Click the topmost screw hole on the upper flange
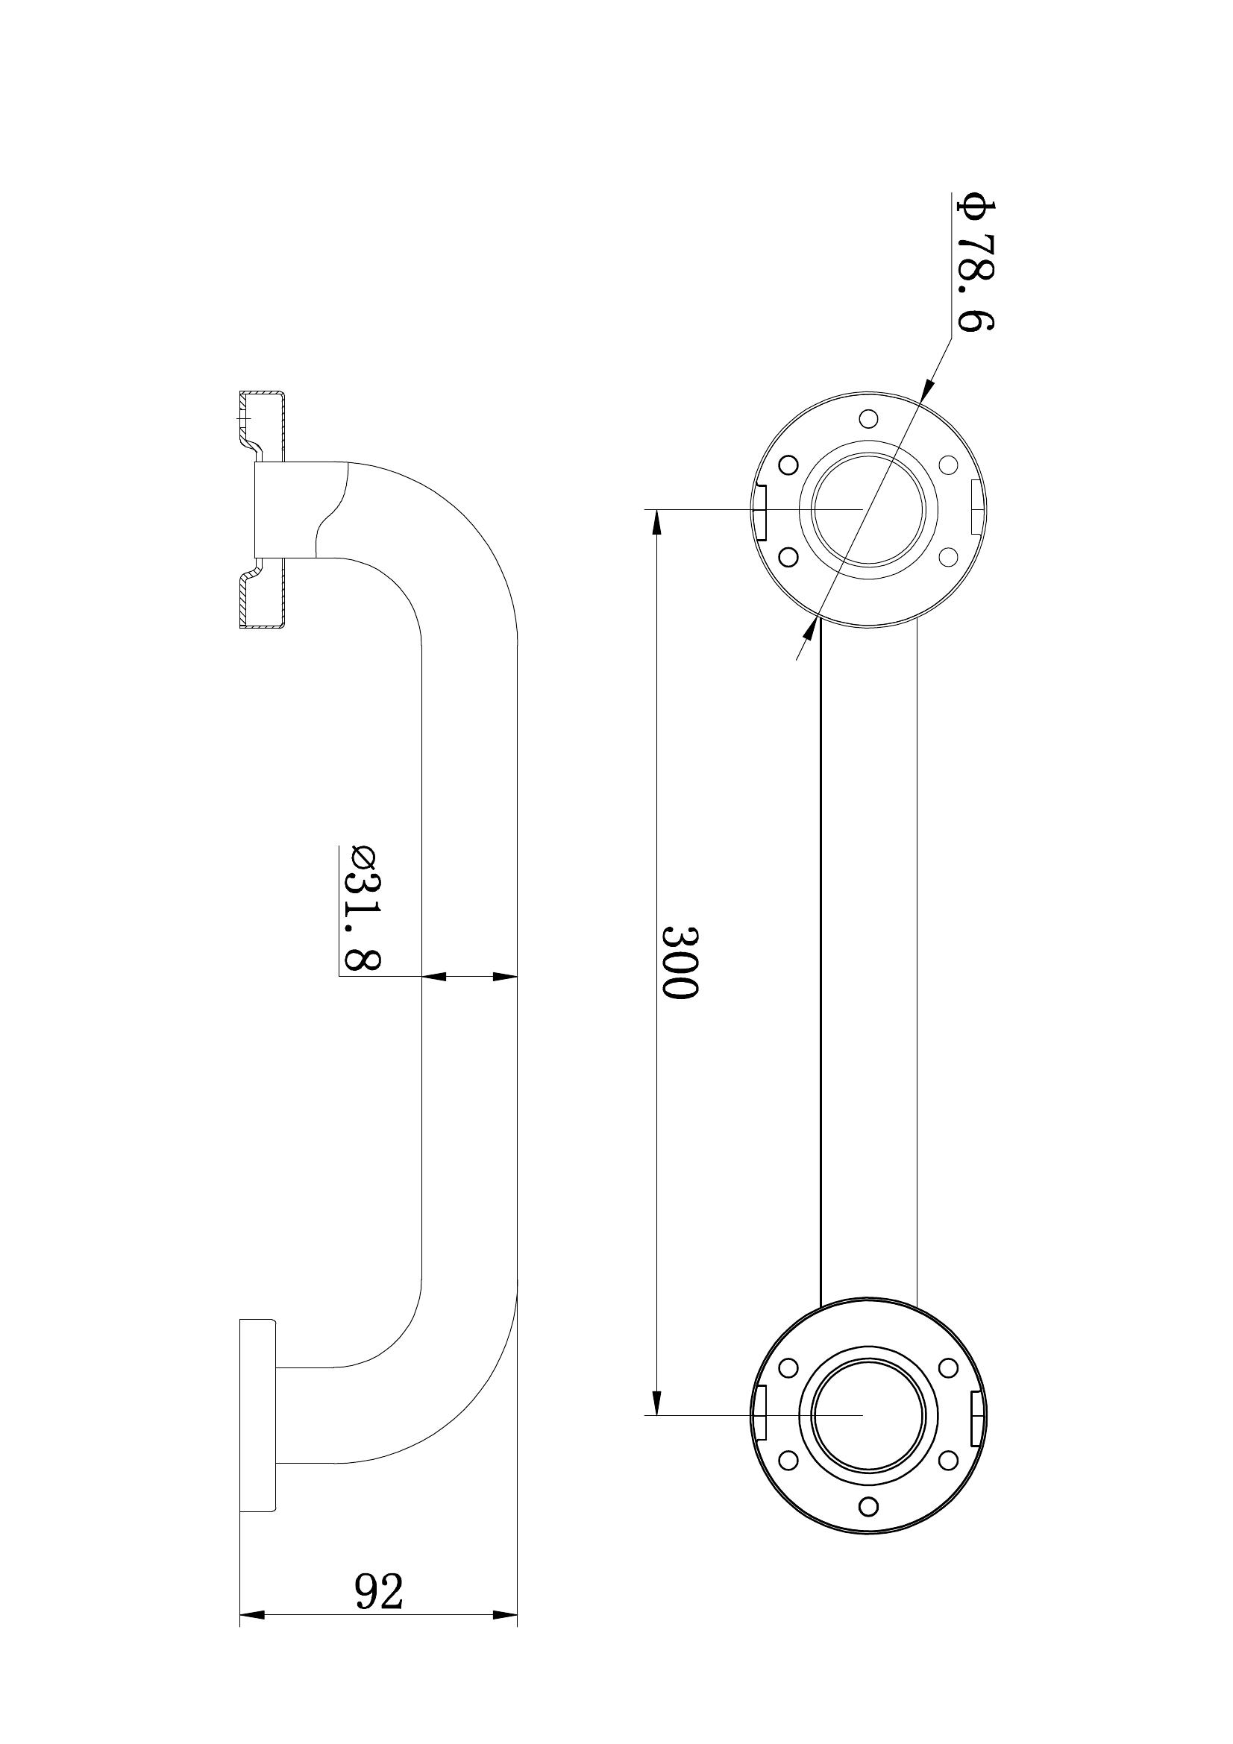coord(868,418)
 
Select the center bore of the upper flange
coord(868,510)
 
